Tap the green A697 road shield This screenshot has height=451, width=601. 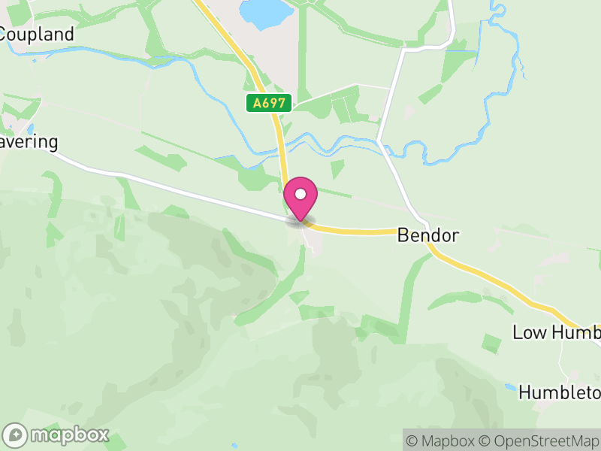pyautogui.click(x=269, y=104)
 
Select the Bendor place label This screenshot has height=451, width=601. pyautogui.click(x=427, y=235)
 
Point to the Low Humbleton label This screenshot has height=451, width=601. pyautogui.click(x=556, y=332)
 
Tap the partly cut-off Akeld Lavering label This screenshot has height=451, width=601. pyautogui.click(x=29, y=143)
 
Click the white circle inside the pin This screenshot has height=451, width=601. pyautogui.click(x=300, y=194)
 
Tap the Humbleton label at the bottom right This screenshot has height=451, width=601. pyautogui.click(x=560, y=392)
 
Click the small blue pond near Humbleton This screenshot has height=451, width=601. pyautogui.click(x=510, y=389)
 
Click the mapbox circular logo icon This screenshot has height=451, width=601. pyautogui.click(x=16, y=434)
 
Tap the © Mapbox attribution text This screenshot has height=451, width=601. pyautogui.click(x=448, y=440)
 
